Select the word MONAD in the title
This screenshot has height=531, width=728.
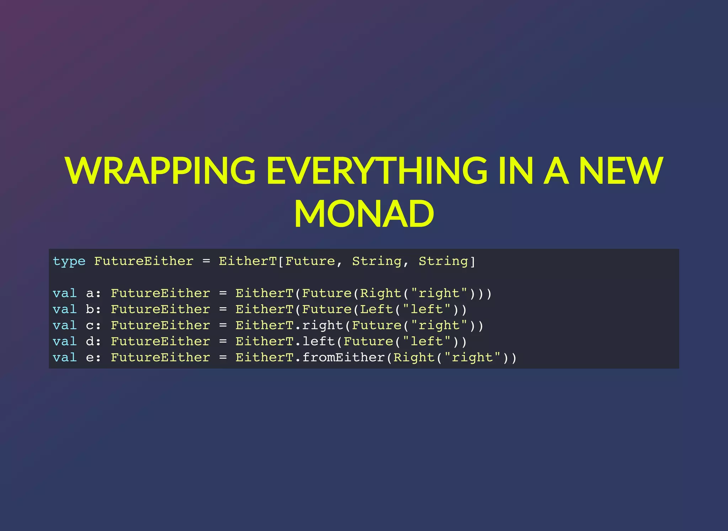364,214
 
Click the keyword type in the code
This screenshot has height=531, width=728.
69,261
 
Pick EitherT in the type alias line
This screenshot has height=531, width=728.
247,261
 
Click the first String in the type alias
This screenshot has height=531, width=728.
377,261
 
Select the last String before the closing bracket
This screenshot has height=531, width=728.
443,261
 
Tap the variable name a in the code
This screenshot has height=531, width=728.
90,294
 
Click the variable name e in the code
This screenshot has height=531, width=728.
90,358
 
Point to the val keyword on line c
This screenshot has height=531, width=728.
65,325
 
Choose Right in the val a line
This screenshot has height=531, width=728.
381,293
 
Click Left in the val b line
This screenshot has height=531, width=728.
376,309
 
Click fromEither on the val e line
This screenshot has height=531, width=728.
344,357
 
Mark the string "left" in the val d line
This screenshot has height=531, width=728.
427,341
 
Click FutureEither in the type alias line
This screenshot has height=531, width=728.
144,261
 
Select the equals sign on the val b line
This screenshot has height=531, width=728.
223,309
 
